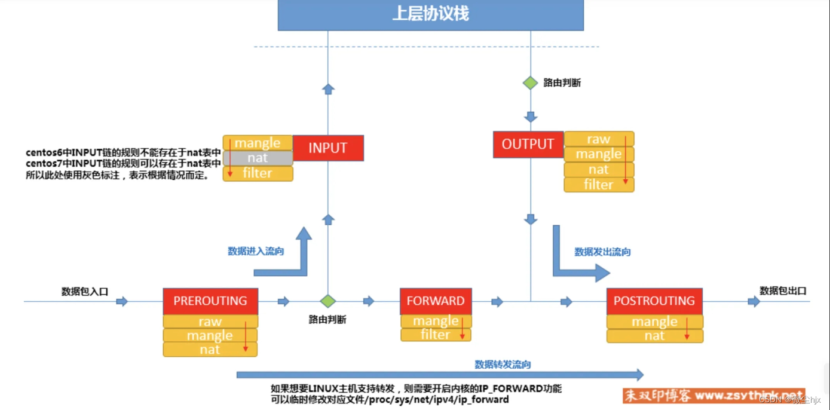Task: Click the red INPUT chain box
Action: coord(328,148)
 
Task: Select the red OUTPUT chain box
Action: coord(528,145)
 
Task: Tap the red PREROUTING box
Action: coord(210,301)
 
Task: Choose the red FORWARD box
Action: coord(435,301)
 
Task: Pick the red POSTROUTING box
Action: coord(654,301)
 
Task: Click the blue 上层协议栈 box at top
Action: coord(430,14)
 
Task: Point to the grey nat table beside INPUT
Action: coord(258,158)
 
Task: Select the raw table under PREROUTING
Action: coord(210,322)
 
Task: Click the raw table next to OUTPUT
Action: coord(598,139)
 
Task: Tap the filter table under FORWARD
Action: coord(435,335)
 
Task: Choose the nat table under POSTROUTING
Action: coord(654,336)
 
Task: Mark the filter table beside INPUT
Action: coord(258,173)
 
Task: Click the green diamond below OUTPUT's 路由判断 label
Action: coord(531,83)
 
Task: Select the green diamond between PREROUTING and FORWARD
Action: coord(327,301)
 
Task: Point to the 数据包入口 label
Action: coord(85,291)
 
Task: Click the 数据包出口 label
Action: coord(783,290)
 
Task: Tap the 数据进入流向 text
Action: coord(256,251)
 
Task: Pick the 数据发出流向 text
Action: coord(602,252)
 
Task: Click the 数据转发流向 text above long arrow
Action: coord(503,364)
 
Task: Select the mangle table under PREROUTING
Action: coord(210,335)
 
